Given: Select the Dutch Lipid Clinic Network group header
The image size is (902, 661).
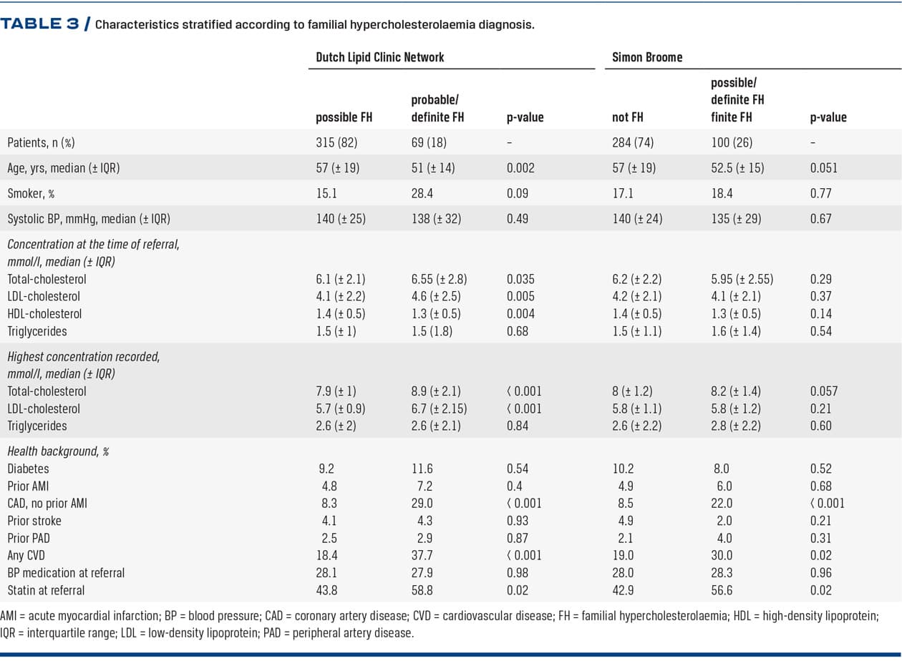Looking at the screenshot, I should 379,57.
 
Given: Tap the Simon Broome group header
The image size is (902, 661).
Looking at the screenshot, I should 646,57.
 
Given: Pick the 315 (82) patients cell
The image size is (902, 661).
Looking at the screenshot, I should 336,142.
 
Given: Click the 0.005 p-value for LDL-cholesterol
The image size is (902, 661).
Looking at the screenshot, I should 520,296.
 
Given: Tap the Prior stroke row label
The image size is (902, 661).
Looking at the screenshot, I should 34,521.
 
